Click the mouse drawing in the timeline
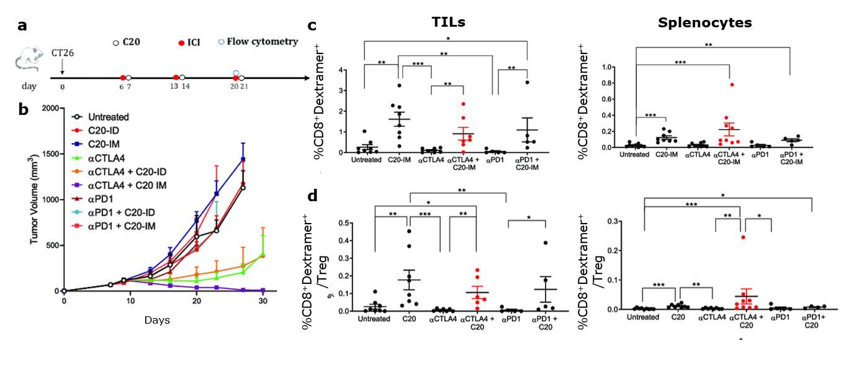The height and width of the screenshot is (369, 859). (27, 61)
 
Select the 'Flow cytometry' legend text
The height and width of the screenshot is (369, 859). (262, 42)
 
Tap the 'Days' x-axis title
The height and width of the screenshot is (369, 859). (157, 321)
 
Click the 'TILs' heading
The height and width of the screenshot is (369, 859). (449, 23)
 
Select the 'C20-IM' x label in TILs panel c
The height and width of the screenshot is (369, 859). (399, 160)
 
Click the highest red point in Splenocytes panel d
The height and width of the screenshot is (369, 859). (739, 237)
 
